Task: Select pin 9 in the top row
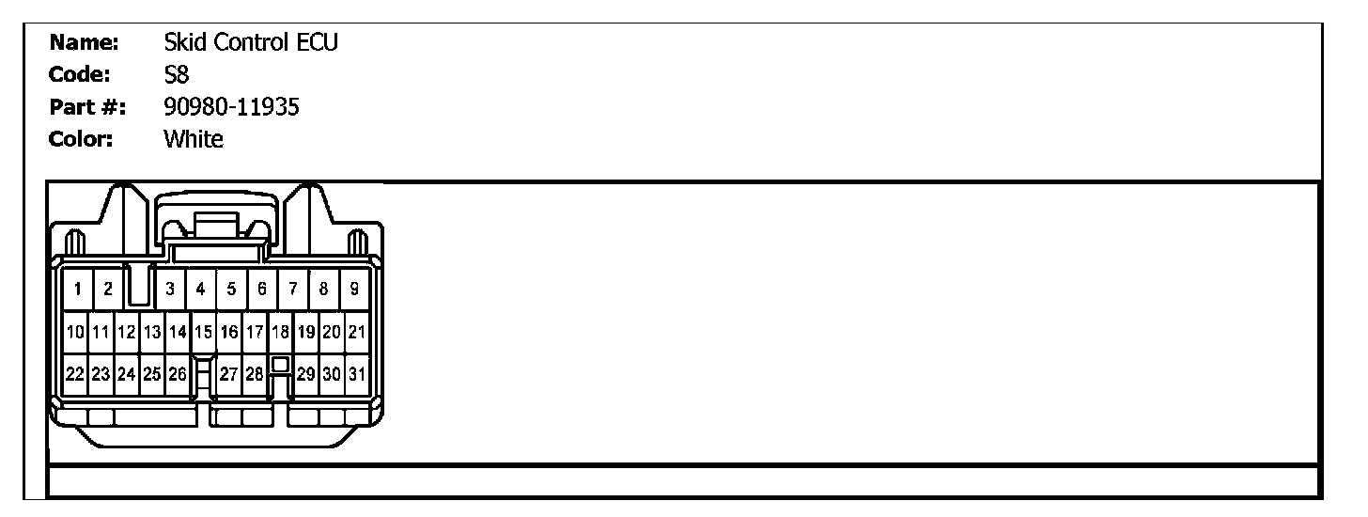coord(354,290)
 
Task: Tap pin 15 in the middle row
coord(202,332)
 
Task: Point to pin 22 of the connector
coord(75,374)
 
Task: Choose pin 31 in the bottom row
coord(357,374)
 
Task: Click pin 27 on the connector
coord(228,374)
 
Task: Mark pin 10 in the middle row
coord(75,332)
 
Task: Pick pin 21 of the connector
coord(357,332)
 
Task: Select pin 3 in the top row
coord(170,290)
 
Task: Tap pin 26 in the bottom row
coord(177,374)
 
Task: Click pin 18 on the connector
coord(280,332)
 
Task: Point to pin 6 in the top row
coord(262,290)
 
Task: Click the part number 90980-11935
coord(231,107)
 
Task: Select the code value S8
coord(177,75)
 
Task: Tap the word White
coord(194,140)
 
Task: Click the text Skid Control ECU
coord(250,42)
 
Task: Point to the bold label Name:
coord(85,42)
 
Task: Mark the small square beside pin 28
coord(279,363)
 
